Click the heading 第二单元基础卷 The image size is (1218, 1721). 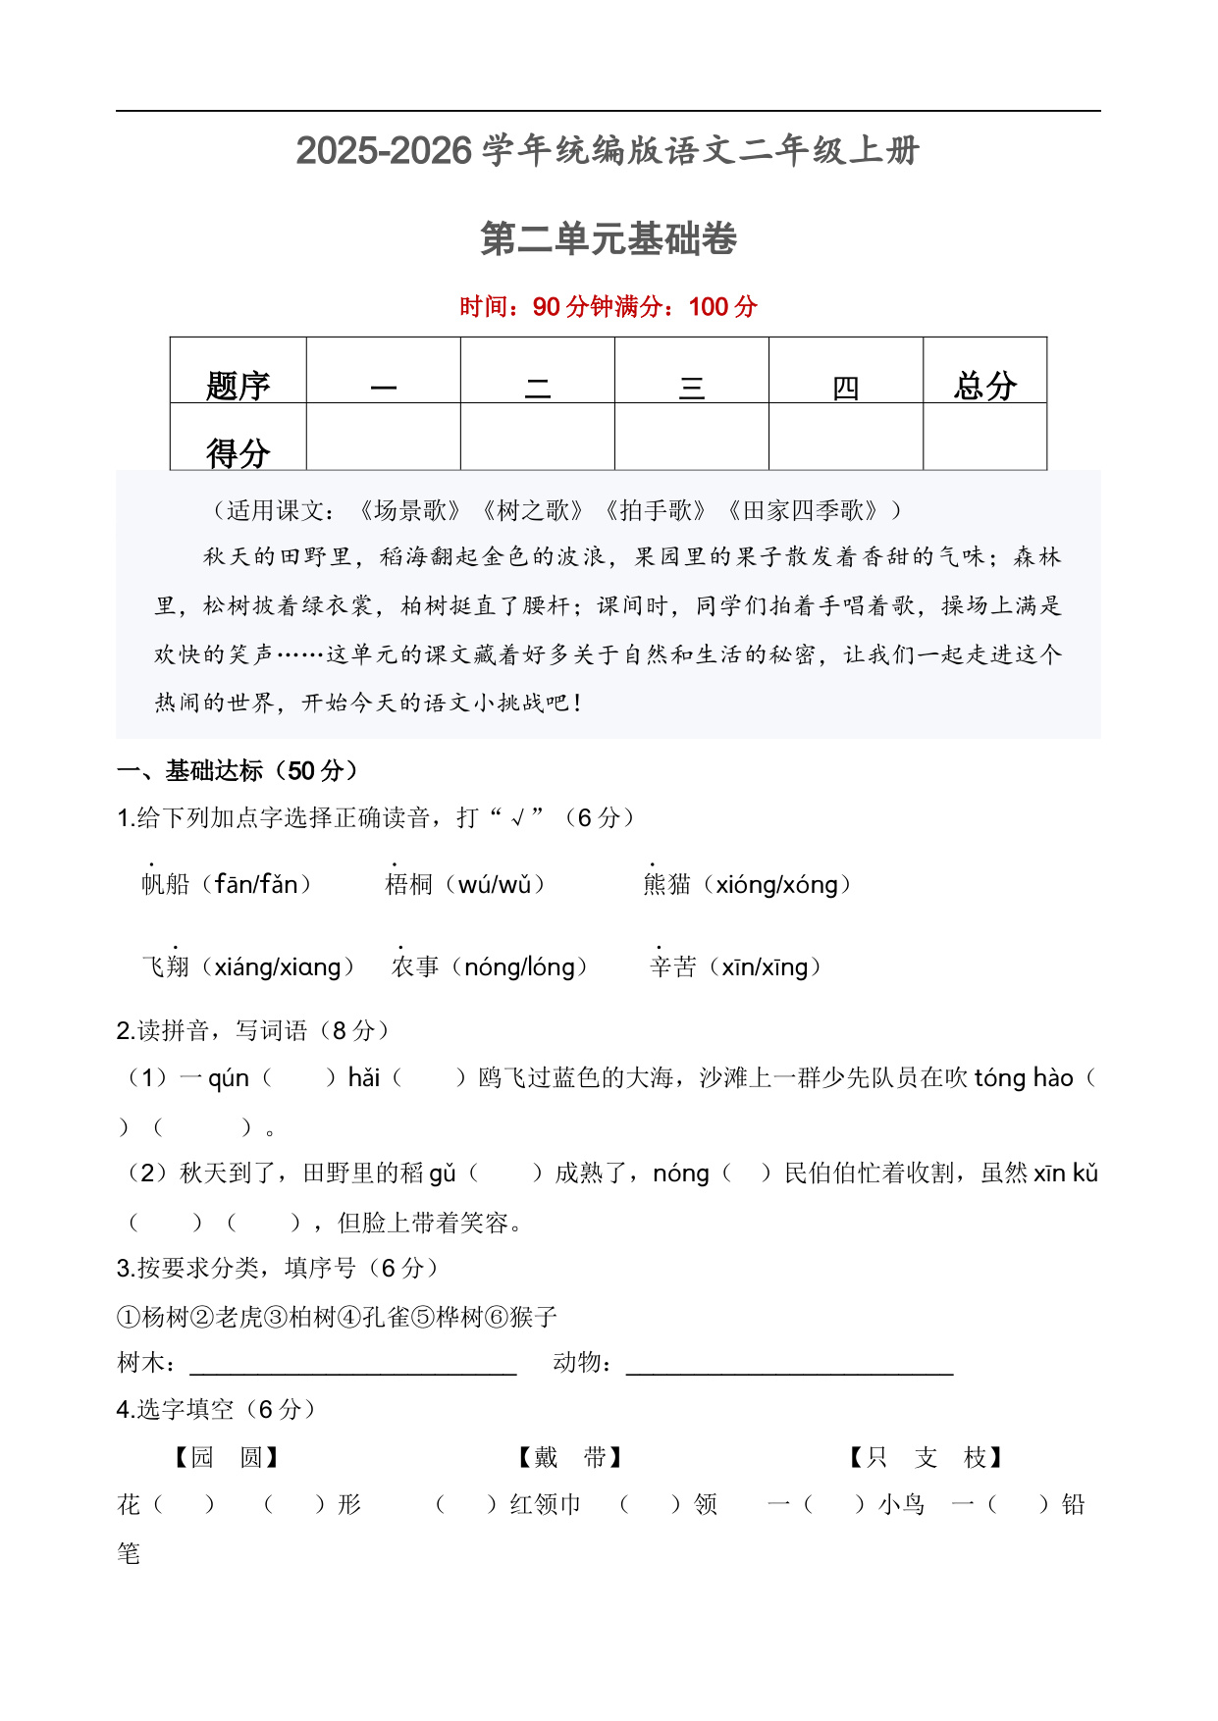pos(609,239)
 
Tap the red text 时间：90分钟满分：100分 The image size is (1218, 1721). pos(609,307)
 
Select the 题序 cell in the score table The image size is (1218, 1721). pos(238,384)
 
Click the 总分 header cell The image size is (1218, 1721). pos(984,384)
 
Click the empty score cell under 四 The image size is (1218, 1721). pos(845,437)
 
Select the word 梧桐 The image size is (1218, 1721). pos(409,884)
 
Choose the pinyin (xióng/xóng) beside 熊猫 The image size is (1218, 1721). pos(782,884)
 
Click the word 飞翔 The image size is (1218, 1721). pos(166,966)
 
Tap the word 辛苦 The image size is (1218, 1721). pos(673,966)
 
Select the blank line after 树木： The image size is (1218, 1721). pos(353,1364)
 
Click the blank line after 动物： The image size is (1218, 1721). pos(790,1364)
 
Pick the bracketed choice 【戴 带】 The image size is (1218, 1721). pos(570,1457)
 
